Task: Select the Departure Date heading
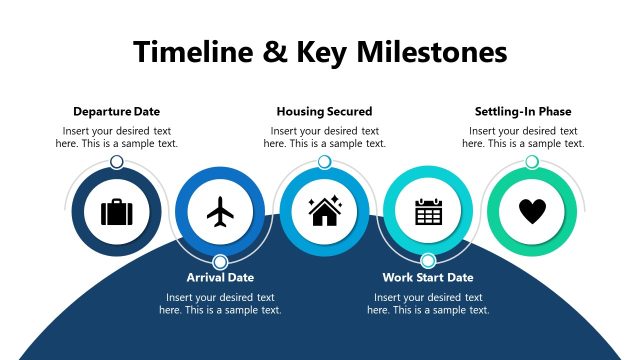point(116,111)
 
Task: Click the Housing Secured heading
point(324,111)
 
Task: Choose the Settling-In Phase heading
point(522,111)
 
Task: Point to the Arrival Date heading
point(220,277)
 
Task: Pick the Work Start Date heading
point(428,277)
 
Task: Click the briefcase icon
point(117,211)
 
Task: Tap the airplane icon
point(221,211)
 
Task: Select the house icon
point(324,211)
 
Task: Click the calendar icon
point(428,211)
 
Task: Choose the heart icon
point(532,211)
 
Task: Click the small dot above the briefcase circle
point(117,162)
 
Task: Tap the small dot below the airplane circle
point(221,261)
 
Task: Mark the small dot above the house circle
point(324,162)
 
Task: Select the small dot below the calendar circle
point(428,261)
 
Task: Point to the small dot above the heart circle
point(532,162)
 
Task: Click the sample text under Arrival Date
point(220,303)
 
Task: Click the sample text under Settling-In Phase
point(522,137)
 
